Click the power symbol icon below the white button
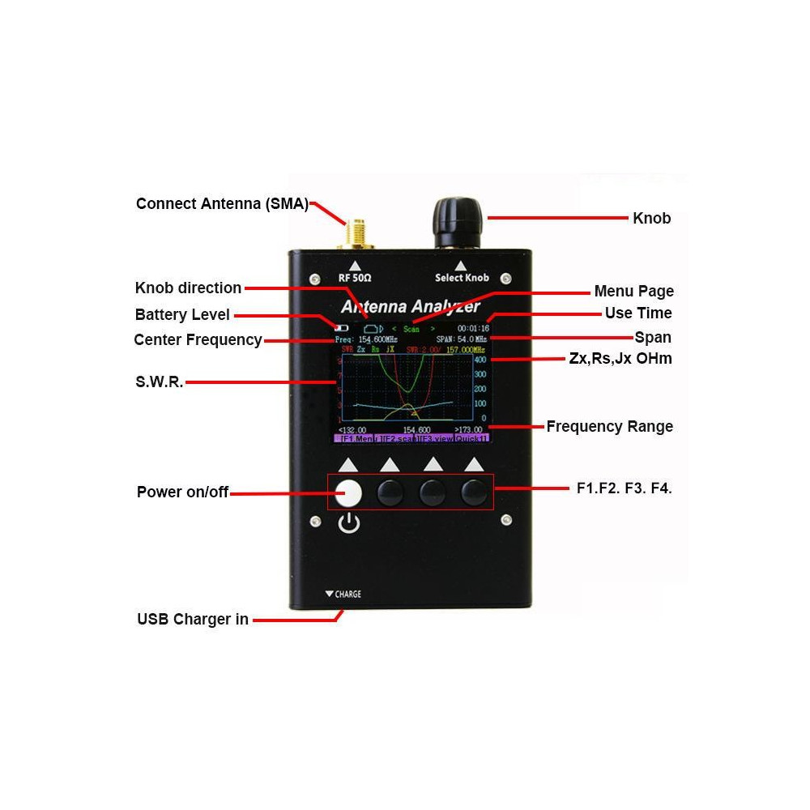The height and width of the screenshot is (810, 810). (348, 525)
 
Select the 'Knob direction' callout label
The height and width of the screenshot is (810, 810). (188, 288)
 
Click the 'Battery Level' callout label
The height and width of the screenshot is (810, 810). (182, 314)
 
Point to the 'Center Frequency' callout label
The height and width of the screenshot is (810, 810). (198, 339)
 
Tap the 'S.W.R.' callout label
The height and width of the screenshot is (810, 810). (159, 382)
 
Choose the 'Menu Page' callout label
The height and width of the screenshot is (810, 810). (633, 291)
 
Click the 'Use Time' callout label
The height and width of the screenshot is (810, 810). (638, 313)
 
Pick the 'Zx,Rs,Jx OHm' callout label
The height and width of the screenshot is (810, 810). (620, 358)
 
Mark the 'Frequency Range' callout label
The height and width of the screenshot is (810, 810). (609, 426)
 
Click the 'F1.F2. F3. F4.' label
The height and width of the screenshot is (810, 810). (624, 488)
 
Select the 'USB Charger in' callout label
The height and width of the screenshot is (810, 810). (193, 620)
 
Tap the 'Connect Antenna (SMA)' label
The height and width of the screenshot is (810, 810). (222, 203)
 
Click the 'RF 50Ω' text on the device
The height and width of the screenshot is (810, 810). (354, 278)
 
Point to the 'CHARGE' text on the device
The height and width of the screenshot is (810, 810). (347, 595)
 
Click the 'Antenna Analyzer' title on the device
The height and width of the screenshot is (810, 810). (411, 307)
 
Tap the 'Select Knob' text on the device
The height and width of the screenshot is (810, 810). (462, 278)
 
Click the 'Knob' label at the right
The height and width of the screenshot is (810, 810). (651, 218)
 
